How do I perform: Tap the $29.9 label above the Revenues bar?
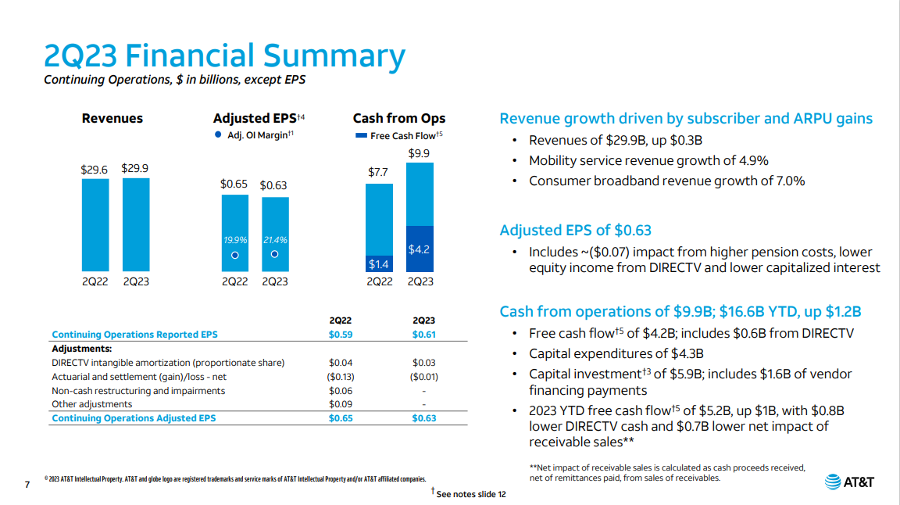[x=135, y=168]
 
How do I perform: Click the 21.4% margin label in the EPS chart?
[x=275, y=240]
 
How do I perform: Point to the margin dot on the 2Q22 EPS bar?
[x=234, y=254]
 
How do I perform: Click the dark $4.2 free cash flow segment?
[x=420, y=249]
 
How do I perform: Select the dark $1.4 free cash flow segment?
[x=380, y=264]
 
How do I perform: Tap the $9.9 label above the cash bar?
[x=420, y=154]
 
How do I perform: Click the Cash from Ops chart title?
[x=399, y=119]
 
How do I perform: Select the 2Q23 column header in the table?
[x=424, y=321]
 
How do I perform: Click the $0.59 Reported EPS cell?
[x=341, y=335]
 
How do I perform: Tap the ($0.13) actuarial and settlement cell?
[x=341, y=377]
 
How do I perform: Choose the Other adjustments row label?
[x=91, y=404]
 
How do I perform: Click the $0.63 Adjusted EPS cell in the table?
[x=424, y=418]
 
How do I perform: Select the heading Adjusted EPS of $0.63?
[x=575, y=231]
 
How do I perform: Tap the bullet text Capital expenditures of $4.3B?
[x=616, y=353]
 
